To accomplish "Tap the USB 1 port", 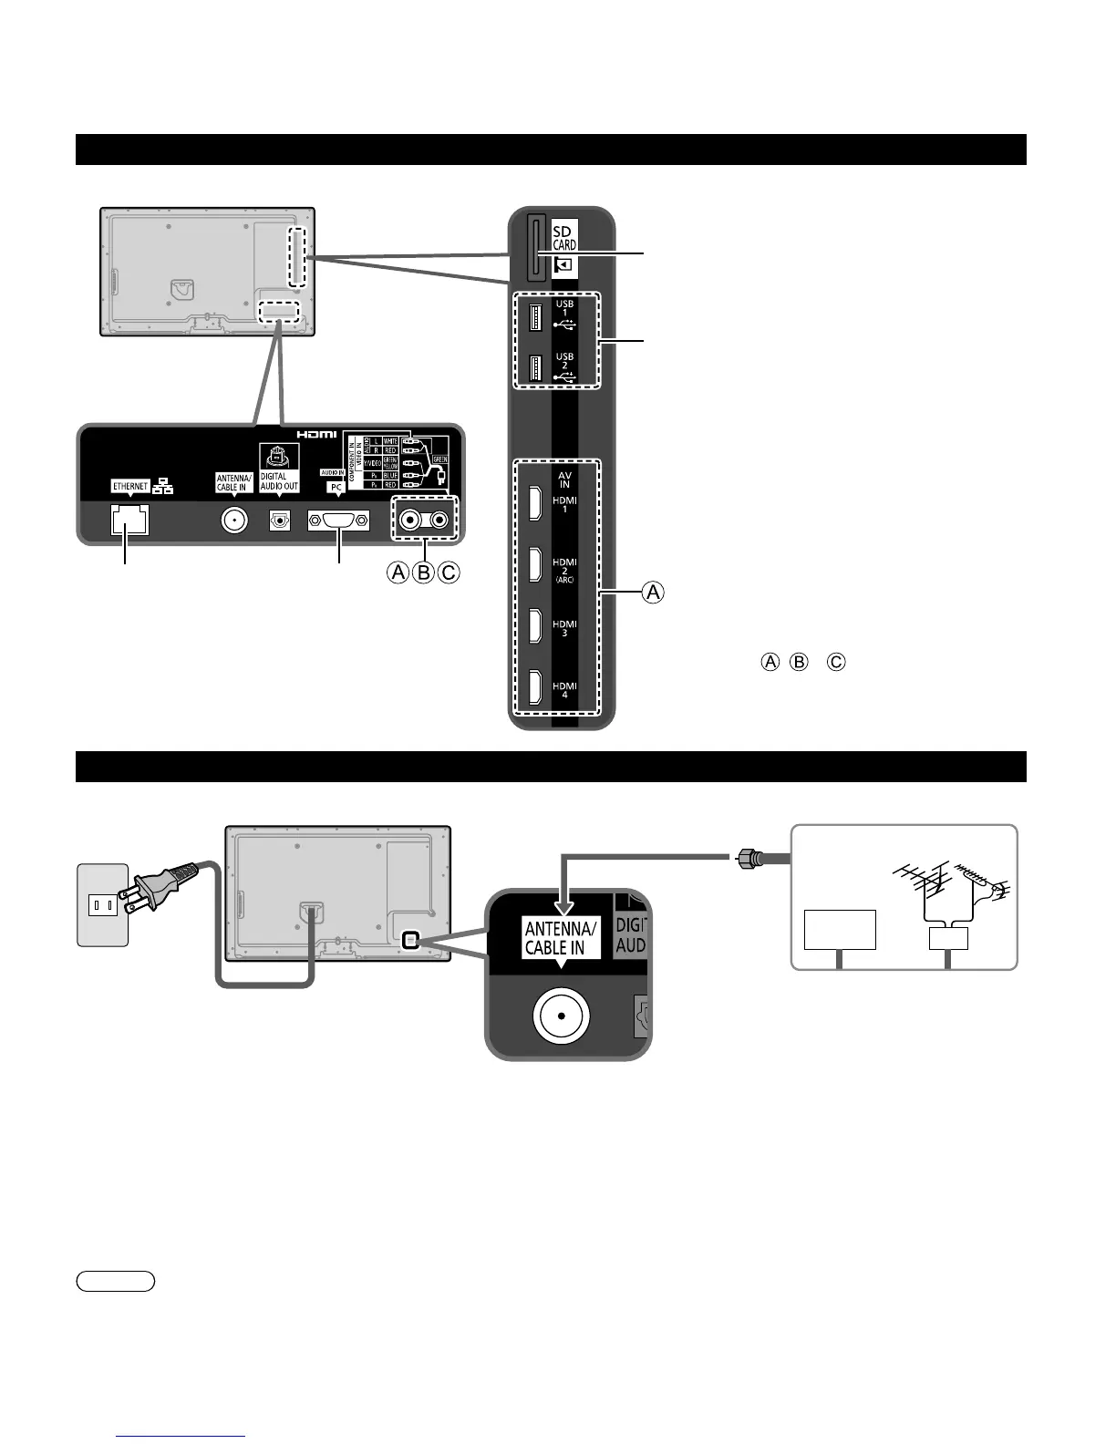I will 535,317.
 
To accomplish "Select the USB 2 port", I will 535,368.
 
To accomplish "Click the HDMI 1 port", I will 536,504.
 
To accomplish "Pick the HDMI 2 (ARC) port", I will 536,565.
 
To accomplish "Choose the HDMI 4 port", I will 536,688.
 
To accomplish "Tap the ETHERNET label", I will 130,486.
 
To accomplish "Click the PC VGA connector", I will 338,521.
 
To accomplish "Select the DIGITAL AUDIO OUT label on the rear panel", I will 279,481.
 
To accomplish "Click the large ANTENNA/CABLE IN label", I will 561,937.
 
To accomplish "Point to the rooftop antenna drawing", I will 948,884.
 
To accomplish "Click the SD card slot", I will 534,246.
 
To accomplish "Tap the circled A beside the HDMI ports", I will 653,593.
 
